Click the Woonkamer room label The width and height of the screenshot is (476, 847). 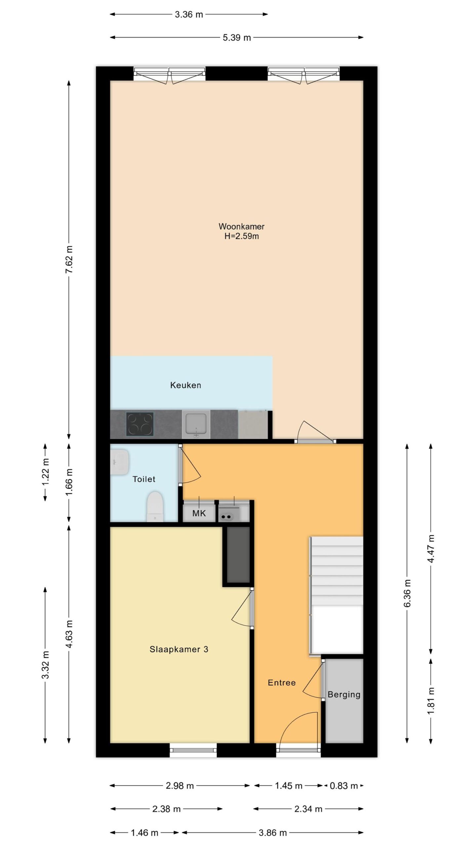click(241, 227)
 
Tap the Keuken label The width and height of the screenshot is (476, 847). click(185, 385)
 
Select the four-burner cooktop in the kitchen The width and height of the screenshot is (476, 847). click(140, 424)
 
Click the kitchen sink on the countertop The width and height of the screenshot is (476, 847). click(196, 424)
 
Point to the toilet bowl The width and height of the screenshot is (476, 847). click(155, 507)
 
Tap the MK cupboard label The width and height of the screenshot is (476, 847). click(199, 513)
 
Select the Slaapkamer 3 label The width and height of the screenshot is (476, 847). click(179, 649)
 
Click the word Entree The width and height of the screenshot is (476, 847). click(282, 683)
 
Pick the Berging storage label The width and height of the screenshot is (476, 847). click(344, 695)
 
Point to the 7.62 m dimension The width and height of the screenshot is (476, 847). click(69, 259)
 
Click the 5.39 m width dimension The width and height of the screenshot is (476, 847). click(237, 38)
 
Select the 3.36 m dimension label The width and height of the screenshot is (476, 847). click(189, 15)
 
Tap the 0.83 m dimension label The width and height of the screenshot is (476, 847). click(344, 786)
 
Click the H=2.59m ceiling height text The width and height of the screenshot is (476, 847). click(242, 236)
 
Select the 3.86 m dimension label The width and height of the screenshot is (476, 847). click(273, 833)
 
